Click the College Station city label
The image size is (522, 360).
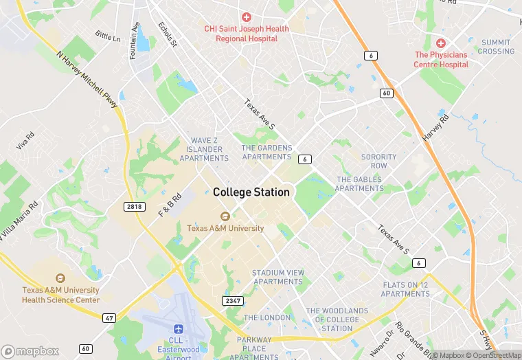[251, 192]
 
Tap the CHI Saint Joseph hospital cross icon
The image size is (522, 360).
[246, 16]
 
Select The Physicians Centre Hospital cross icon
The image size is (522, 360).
[441, 43]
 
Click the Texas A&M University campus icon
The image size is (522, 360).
[225, 216]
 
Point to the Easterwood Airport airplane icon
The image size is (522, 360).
[179, 330]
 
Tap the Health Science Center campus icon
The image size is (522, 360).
[60, 278]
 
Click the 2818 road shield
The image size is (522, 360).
[135, 206]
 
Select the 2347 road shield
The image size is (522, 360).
[232, 301]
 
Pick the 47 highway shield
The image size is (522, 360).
[109, 317]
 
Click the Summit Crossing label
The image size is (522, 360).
[496, 47]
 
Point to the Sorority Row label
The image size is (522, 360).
[378, 161]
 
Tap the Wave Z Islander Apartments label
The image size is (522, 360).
[204, 149]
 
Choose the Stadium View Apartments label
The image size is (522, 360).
[278, 277]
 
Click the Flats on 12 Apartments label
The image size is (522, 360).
[405, 289]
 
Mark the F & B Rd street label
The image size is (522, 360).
[170, 205]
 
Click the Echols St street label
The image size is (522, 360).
[168, 34]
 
